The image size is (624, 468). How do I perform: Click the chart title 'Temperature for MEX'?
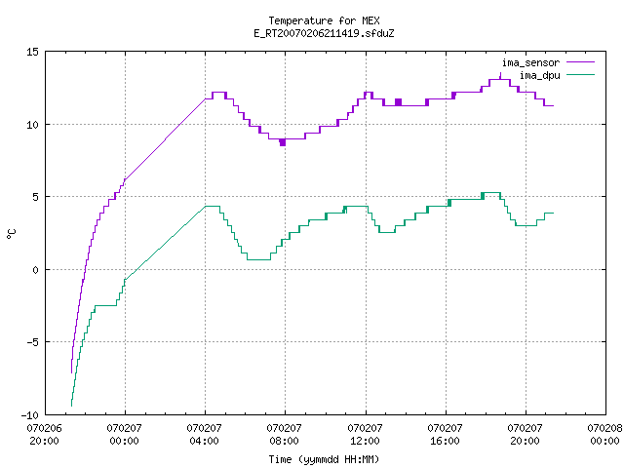[x=324, y=20]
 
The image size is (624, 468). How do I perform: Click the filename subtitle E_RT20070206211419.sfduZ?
[x=324, y=33]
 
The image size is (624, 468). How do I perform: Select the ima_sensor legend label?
[x=530, y=62]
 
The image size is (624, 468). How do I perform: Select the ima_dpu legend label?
[x=539, y=75]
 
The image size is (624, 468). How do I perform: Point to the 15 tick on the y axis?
[x=32, y=52]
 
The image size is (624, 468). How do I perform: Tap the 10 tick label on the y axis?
[x=32, y=125]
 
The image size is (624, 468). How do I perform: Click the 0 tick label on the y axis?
[x=35, y=270]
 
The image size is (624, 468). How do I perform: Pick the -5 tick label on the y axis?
[x=32, y=342]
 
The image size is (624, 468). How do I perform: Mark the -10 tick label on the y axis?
[x=30, y=415]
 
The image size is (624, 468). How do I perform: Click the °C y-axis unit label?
[x=11, y=234]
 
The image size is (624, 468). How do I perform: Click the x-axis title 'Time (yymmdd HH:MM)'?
[x=324, y=459]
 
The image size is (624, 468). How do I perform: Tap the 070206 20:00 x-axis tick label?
[x=44, y=435]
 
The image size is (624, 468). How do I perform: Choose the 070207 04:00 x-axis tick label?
[x=204, y=435]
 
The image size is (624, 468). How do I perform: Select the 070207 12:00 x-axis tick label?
[x=365, y=435]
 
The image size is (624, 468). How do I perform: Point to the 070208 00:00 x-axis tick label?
[x=604, y=435]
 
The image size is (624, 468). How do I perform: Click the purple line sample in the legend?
[x=581, y=62]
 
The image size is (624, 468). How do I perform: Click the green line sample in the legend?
[x=581, y=75]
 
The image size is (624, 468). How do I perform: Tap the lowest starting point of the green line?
[x=71, y=406]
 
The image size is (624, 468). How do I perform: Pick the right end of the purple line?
[x=553, y=106]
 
